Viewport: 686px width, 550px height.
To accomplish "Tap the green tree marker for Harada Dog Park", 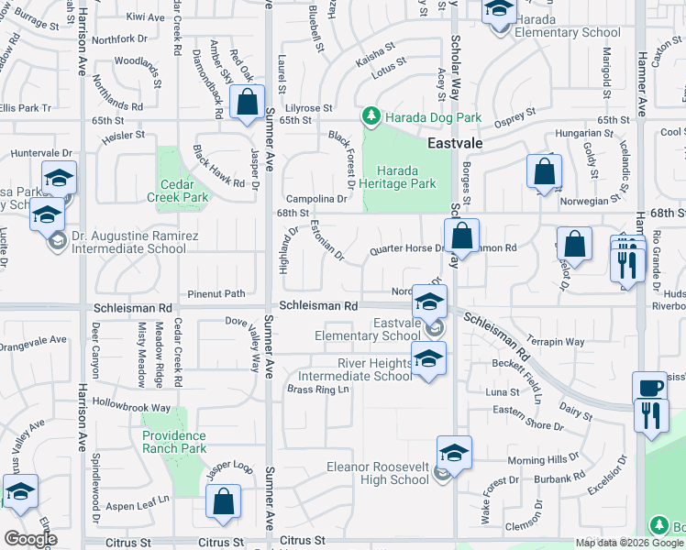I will click(371, 116).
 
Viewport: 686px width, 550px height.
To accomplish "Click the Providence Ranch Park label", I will click(174, 442).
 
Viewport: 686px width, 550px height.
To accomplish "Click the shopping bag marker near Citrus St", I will click(223, 502).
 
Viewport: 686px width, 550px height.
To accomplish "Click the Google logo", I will click(30, 539).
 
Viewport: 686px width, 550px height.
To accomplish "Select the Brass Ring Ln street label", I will click(318, 390).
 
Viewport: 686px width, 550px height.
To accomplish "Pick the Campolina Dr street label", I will click(316, 198).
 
